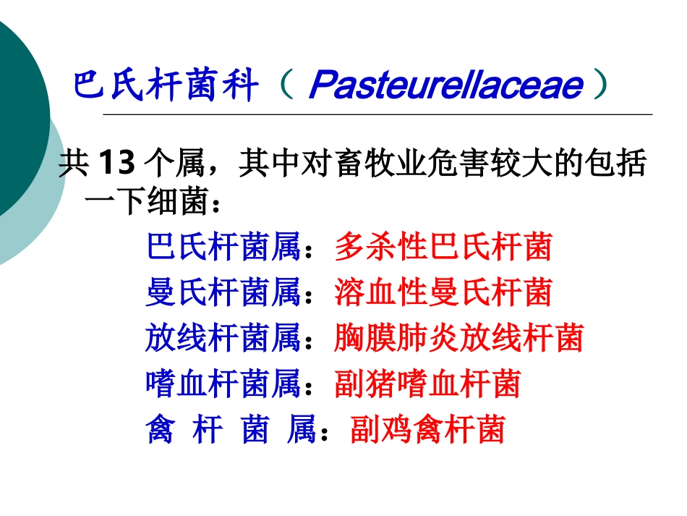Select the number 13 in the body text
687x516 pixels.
(x=115, y=164)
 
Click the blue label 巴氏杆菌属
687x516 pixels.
(x=223, y=248)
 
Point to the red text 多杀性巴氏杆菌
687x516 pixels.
(x=443, y=248)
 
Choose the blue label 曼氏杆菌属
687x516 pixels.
(x=223, y=293)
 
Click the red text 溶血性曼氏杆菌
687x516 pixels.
(x=443, y=293)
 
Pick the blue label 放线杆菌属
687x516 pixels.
(x=223, y=339)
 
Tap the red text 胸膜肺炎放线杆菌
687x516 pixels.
(x=458, y=339)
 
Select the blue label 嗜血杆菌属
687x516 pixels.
(x=223, y=384)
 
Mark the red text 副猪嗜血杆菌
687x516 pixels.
(x=427, y=384)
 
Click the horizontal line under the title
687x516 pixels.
(x=376, y=114)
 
